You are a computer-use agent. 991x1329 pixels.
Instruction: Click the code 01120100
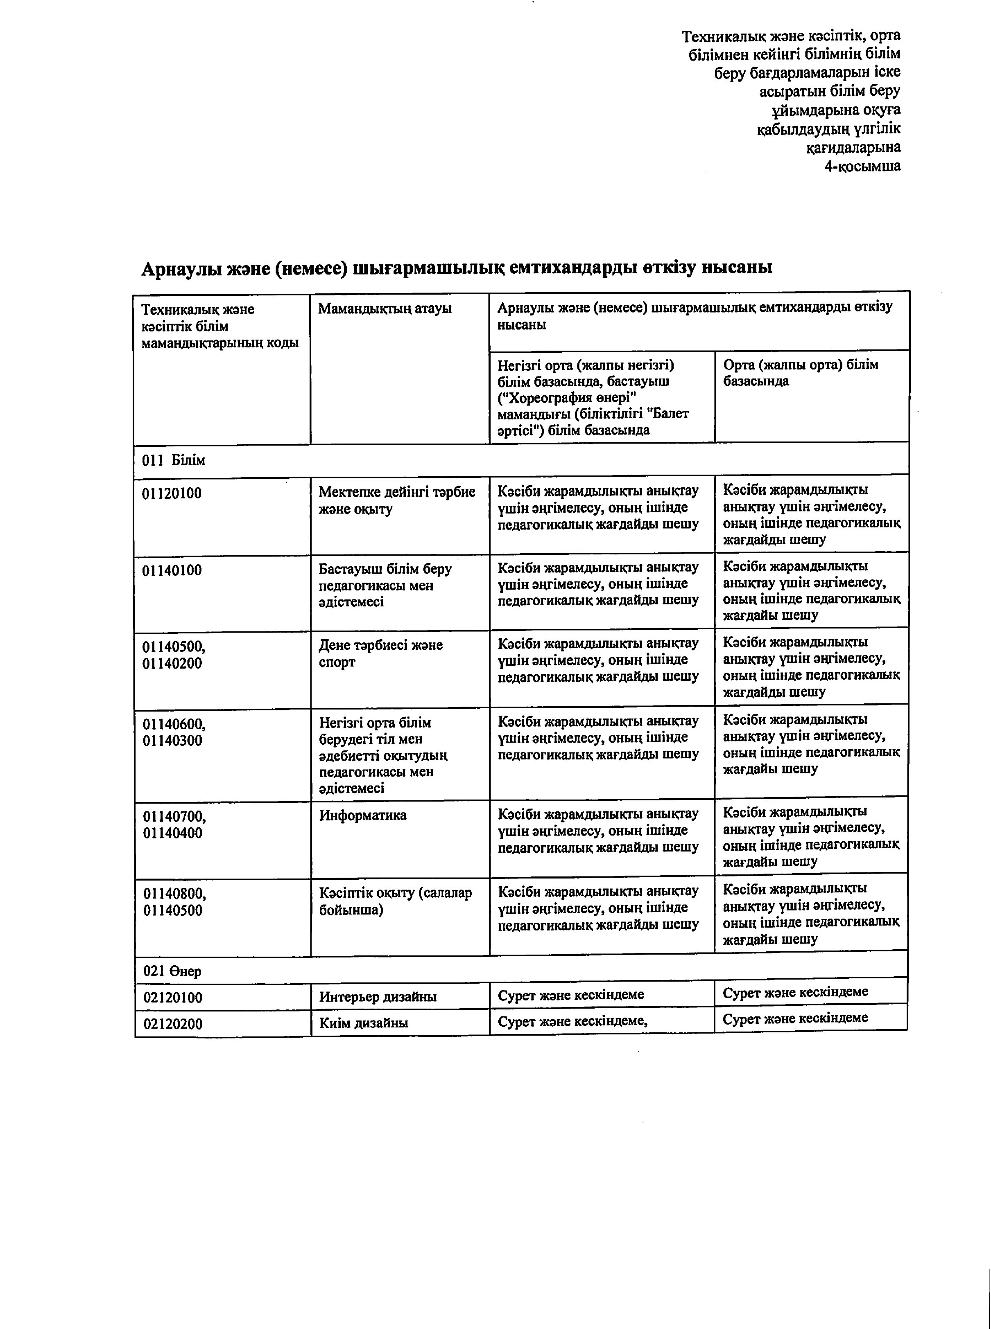click(x=172, y=493)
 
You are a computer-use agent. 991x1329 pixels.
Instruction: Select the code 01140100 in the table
click(x=172, y=570)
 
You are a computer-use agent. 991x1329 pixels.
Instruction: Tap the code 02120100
click(x=173, y=998)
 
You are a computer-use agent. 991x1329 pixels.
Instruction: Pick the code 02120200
click(x=173, y=1023)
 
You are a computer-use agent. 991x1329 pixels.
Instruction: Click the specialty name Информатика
click(x=362, y=815)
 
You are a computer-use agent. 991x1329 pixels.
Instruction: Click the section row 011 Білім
click(x=173, y=460)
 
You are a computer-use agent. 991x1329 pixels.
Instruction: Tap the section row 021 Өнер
click(x=172, y=971)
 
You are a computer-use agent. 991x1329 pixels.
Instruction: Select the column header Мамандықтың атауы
click(x=385, y=309)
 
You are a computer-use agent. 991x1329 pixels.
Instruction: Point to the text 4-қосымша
click(x=862, y=166)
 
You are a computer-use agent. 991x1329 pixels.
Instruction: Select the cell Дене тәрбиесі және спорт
click(x=380, y=653)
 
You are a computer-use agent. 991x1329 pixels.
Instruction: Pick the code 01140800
click(x=174, y=894)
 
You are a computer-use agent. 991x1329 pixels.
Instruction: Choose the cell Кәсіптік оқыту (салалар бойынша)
click(x=395, y=901)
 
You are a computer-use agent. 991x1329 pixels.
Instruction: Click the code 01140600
click(x=174, y=723)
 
